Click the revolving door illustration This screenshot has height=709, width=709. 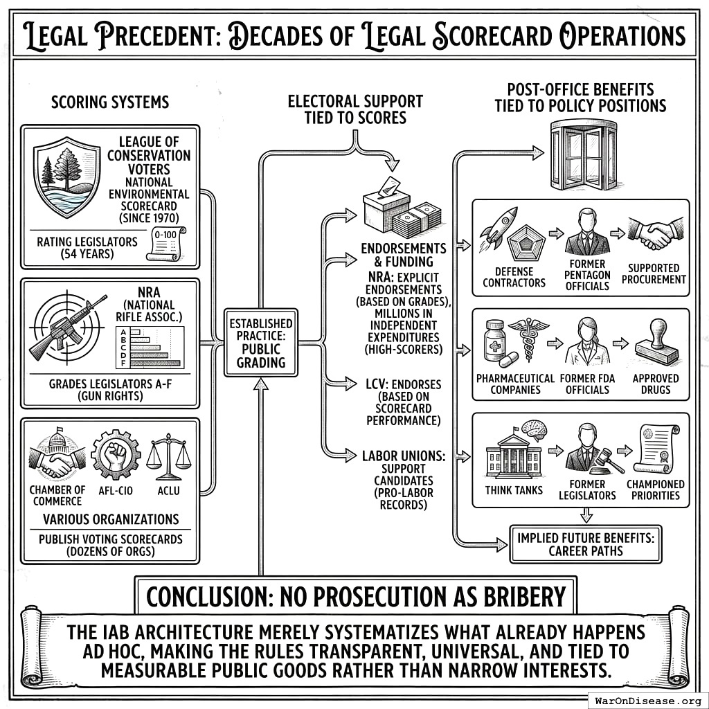(583, 156)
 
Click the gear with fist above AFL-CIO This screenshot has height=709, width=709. (116, 454)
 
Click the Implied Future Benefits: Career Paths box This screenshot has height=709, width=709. (585, 544)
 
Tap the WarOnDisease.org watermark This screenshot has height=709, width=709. (648, 700)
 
